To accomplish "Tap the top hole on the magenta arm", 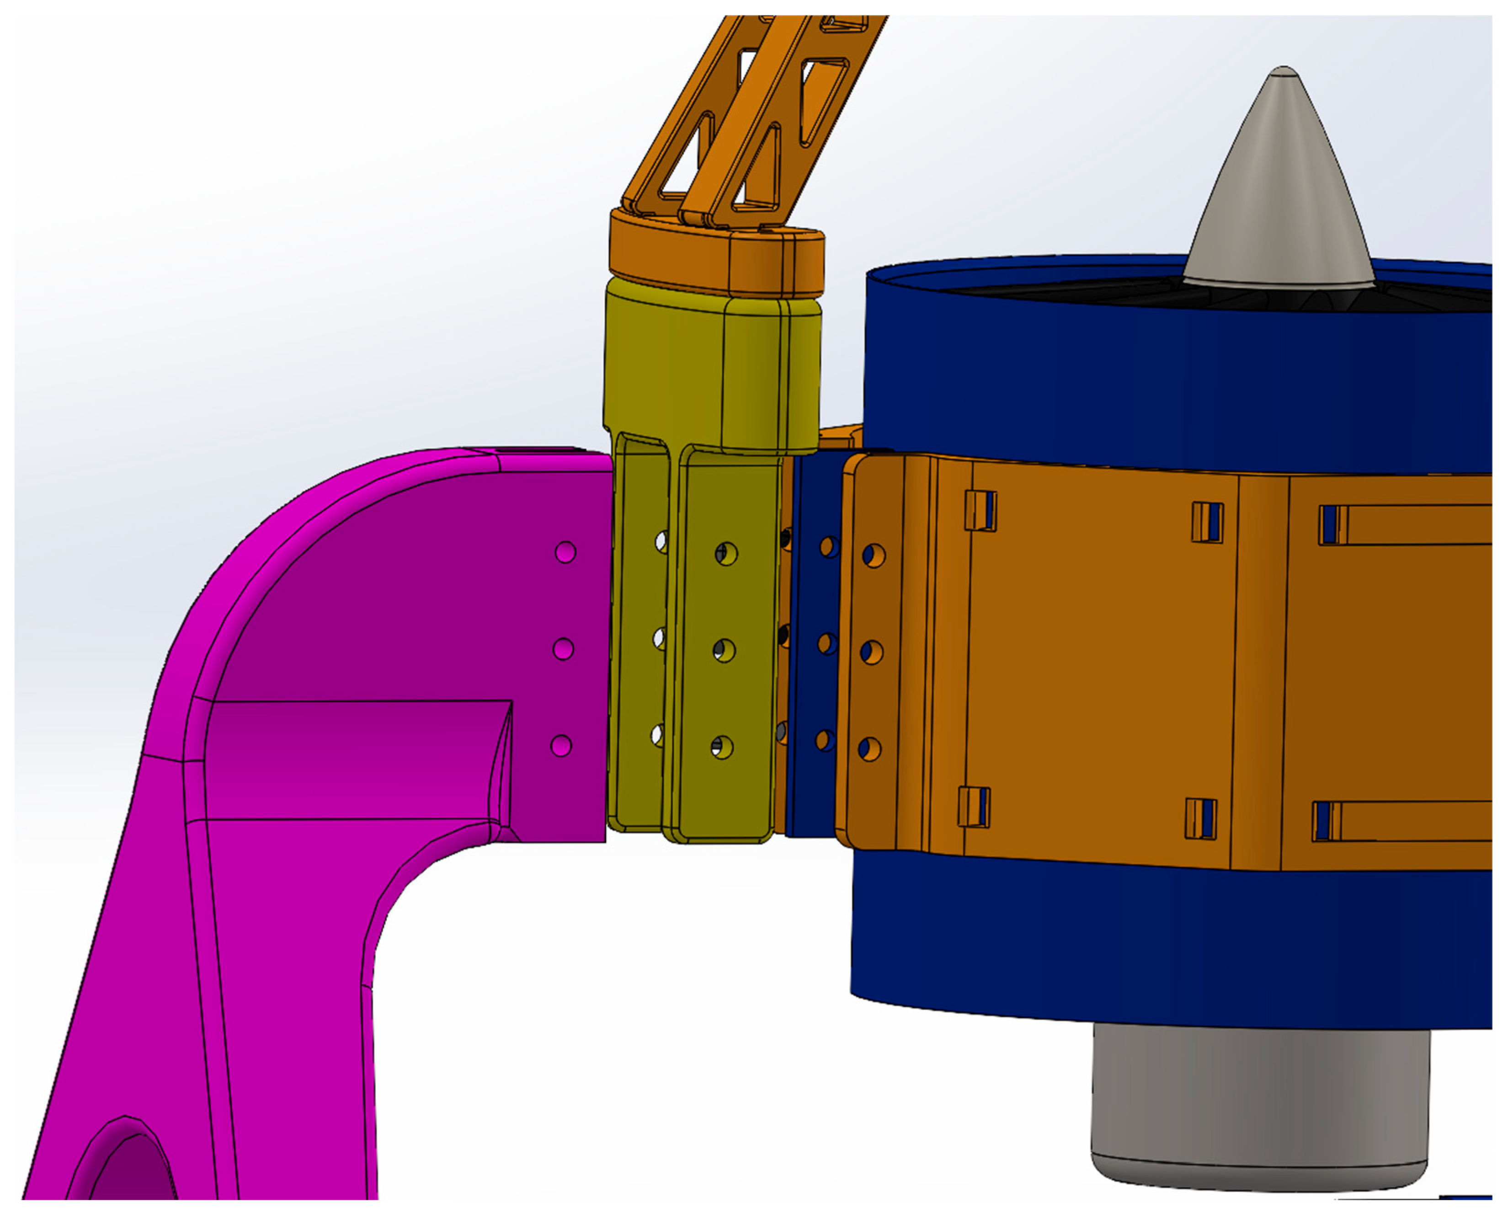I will (565, 552).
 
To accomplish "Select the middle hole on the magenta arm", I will (563, 649).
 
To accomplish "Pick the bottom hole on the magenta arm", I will (561, 745).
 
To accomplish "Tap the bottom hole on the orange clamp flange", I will (869, 749).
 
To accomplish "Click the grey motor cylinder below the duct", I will (1259, 1112).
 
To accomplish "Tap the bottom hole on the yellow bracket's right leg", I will (722, 747).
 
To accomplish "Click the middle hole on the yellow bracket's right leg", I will (724, 651).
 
